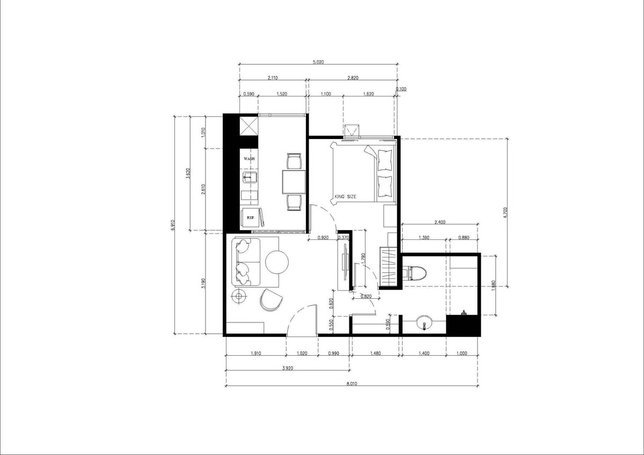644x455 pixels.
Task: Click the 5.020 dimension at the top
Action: [x=318, y=62]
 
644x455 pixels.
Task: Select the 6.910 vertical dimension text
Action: [x=172, y=225]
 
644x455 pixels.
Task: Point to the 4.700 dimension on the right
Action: [x=506, y=212]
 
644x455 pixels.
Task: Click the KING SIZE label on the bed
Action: [x=345, y=196]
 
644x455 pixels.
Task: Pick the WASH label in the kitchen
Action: [x=249, y=159]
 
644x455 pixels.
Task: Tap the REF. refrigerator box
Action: [x=251, y=218]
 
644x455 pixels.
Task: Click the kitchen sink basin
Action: [x=250, y=177]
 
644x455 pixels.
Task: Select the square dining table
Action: [x=294, y=182]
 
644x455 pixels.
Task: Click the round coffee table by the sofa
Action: [x=277, y=262]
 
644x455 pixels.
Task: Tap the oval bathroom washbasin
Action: [x=424, y=322]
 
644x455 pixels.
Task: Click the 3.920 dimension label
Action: [x=288, y=368]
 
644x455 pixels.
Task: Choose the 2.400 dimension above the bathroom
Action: [x=440, y=222]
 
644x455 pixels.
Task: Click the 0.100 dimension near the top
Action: [x=401, y=89]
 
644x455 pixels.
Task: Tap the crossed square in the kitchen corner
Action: [x=249, y=126]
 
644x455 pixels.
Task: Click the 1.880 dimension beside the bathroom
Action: [x=493, y=285]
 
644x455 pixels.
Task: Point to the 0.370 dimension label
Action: [x=343, y=238]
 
